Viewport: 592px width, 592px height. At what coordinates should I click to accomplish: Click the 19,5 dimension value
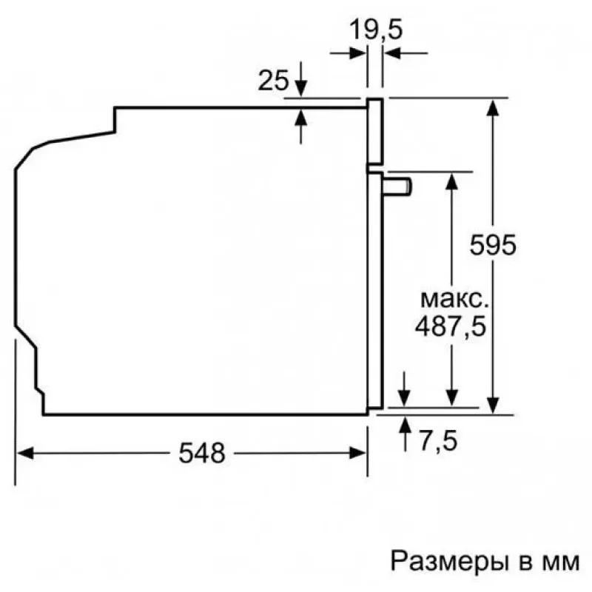click(x=376, y=30)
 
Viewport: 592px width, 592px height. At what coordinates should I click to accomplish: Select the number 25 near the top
click(x=273, y=80)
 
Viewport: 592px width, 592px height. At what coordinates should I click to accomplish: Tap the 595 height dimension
click(x=493, y=245)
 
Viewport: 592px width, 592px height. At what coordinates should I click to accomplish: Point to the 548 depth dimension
click(x=202, y=453)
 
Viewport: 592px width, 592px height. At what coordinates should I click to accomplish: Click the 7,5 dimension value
click(x=438, y=440)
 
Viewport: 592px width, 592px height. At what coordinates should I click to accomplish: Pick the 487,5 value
click(x=451, y=326)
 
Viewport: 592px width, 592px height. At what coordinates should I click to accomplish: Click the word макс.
click(x=454, y=299)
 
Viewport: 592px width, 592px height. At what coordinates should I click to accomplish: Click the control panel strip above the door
click(x=375, y=132)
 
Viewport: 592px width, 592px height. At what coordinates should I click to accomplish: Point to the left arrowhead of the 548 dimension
click(x=25, y=453)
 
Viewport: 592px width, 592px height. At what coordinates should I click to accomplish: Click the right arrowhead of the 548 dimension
click(x=357, y=453)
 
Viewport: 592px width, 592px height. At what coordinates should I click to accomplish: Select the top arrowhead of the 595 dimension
click(x=493, y=107)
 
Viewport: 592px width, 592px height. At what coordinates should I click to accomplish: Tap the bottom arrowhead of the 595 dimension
click(x=493, y=406)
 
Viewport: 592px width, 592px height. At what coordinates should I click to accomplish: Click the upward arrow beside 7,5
click(x=405, y=434)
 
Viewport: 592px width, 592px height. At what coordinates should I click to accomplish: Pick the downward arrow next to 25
click(x=300, y=79)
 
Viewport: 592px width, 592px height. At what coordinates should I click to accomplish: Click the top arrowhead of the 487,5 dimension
click(x=452, y=181)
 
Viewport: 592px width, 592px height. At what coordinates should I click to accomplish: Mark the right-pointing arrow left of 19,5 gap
click(x=348, y=53)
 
